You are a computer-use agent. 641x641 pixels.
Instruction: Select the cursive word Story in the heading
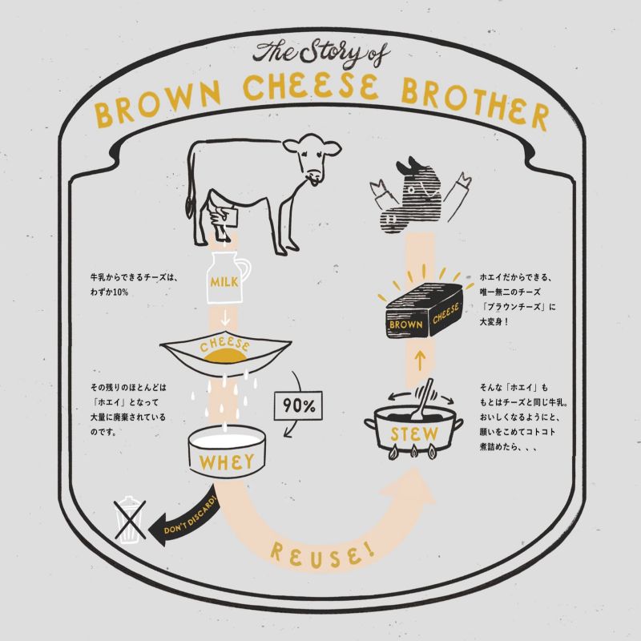click(328, 52)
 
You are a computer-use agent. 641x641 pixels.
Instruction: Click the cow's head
click(312, 157)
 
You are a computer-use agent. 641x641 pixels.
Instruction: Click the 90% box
click(298, 405)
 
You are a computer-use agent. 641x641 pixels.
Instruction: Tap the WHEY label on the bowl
click(227, 462)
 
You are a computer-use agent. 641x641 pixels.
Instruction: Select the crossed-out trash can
click(131, 519)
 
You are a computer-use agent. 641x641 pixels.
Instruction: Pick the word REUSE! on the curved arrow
click(322, 554)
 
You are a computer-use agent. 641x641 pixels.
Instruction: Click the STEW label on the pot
click(413, 433)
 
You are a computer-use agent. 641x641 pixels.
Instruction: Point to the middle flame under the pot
click(414, 451)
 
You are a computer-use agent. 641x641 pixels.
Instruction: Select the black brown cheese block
click(425, 311)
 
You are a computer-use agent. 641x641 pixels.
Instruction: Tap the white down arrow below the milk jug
click(225, 317)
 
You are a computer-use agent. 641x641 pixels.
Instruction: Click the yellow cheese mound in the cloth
click(225, 357)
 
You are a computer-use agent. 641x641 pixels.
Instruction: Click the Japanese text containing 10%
click(135, 284)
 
